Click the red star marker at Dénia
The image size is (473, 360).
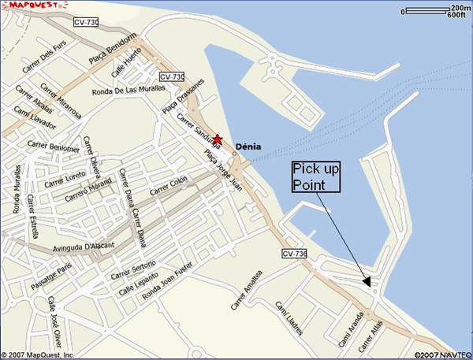(218, 139)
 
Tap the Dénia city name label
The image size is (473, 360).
(248, 146)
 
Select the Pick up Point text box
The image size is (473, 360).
(315, 177)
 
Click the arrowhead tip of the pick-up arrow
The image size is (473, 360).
(369, 284)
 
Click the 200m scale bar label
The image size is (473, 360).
(460, 7)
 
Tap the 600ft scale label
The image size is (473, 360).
(460, 16)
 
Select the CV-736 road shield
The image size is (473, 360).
(293, 253)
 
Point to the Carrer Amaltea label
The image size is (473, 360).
(246, 293)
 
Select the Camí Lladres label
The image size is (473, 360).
(289, 316)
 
